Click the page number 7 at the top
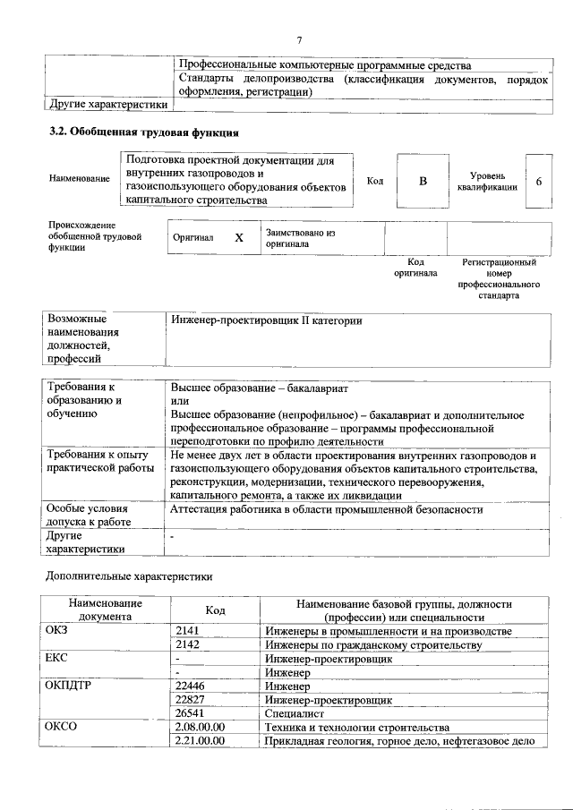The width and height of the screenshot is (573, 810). tap(300, 40)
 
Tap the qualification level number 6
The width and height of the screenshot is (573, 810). tap(538, 182)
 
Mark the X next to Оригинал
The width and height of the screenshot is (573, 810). tap(238, 239)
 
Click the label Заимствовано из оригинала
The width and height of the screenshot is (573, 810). tap(300, 237)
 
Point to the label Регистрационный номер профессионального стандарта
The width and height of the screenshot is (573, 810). tap(499, 278)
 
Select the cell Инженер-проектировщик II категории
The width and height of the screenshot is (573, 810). tap(267, 320)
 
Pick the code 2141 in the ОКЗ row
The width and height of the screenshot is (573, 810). tap(187, 632)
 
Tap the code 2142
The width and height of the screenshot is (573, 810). tap(187, 645)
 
